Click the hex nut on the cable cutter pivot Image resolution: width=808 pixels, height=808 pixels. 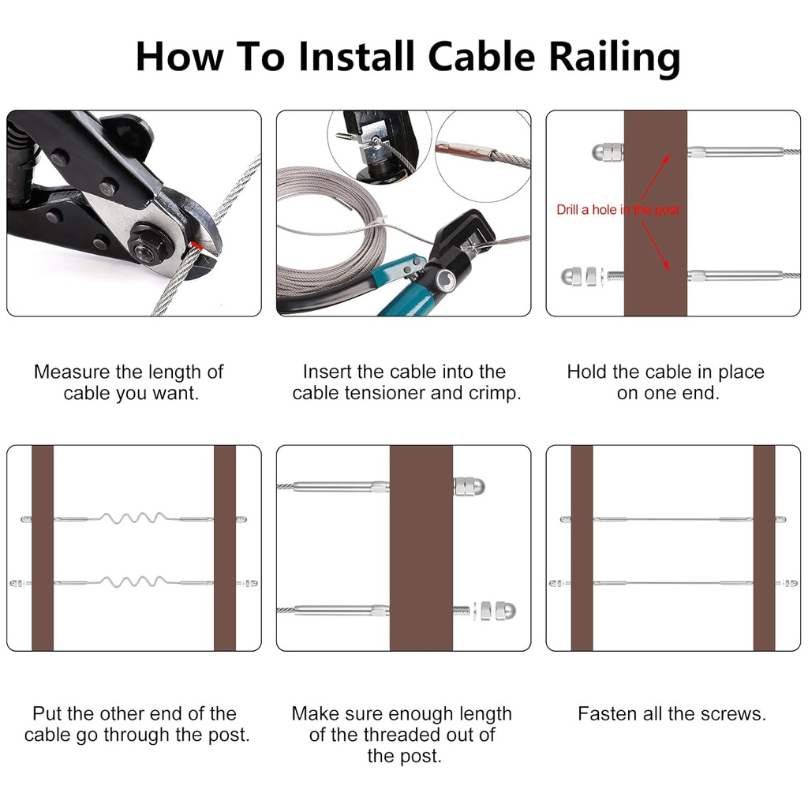145,251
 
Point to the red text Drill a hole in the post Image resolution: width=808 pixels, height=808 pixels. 617,210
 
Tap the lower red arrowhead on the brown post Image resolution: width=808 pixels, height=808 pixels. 668,266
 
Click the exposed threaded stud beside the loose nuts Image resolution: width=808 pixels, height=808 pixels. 462,610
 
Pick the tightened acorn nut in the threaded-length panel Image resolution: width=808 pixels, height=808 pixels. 469,486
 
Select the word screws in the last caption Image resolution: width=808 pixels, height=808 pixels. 733,714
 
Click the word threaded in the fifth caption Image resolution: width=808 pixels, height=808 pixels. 405,735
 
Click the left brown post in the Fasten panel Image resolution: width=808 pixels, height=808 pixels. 582,548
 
